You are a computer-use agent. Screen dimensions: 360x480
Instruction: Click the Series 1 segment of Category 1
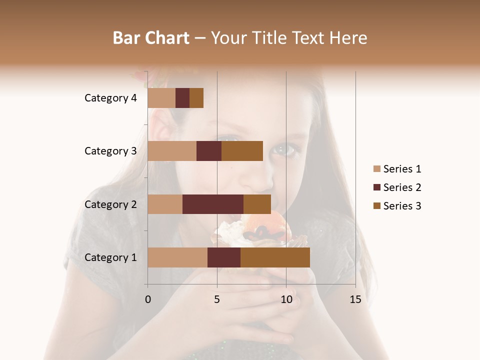[177, 257]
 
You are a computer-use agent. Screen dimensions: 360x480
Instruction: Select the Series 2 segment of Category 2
[213, 204]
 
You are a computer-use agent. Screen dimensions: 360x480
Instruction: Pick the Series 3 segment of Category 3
[242, 151]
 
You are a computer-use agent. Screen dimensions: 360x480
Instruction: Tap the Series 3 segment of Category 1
[275, 257]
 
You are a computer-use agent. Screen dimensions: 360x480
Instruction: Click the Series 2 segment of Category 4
[182, 98]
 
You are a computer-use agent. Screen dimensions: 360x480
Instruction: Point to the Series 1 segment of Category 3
[172, 151]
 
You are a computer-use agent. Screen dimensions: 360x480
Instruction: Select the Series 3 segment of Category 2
[257, 204]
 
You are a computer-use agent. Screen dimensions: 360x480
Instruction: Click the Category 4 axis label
[110, 98]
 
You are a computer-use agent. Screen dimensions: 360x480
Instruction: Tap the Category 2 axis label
[110, 204]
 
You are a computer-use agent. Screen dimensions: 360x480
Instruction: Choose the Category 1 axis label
[110, 257]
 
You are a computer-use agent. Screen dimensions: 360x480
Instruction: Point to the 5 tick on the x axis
[217, 299]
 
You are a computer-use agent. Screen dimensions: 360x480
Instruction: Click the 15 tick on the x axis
[355, 299]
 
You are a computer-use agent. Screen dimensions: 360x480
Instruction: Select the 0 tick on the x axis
[148, 299]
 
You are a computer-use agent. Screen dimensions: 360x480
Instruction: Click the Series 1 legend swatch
[377, 169]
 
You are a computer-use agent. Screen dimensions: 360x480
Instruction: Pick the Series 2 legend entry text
[402, 187]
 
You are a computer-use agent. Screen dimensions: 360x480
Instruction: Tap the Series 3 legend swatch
[377, 206]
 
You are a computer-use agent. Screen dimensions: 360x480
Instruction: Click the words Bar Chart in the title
[151, 38]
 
